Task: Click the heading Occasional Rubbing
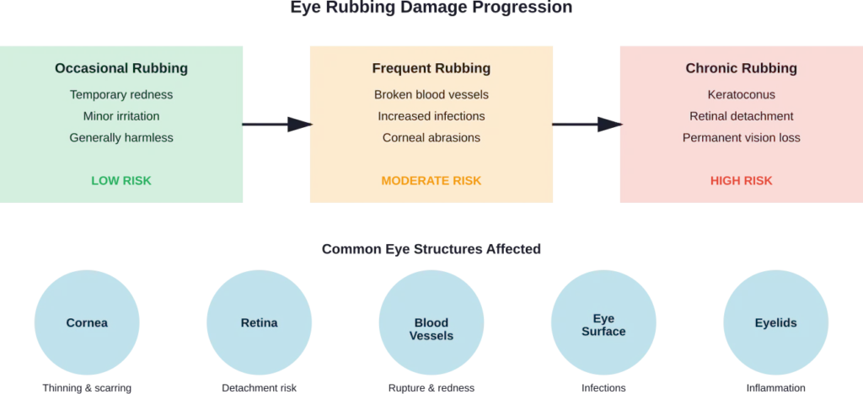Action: pos(121,68)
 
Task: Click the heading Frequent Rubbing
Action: pos(431,68)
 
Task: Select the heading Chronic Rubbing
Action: pos(741,68)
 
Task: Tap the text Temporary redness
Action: pos(121,94)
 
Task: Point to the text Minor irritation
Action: pos(121,115)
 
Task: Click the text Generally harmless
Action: pos(121,137)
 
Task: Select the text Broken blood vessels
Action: pos(431,94)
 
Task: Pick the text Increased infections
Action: pos(431,115)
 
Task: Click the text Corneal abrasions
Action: pos(431,137)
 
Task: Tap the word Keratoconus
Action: pos(741,94)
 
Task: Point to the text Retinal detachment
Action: pos(741,115)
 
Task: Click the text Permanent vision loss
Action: pos(741,137)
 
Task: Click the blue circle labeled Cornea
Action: pos(87,323)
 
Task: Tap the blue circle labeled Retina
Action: pos(259,323)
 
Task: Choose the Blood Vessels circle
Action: pos(431,328)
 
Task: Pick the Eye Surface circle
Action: pos(603,325)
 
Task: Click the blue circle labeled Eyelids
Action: pos(775,323)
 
